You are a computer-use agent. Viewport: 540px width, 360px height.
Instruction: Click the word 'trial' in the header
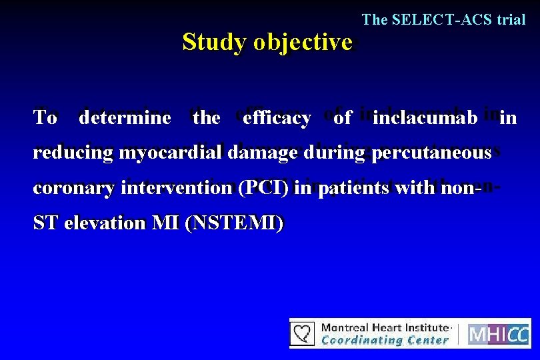pyautogui.click(x=511, y=20)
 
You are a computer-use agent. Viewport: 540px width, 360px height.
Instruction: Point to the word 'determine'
pyautogui.click(x=125, y=119)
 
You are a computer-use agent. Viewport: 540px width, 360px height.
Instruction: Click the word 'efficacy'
pyautogui.click(x=277, y=119)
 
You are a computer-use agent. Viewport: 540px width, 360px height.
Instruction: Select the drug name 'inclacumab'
pyautogui.click(x=425, y=119)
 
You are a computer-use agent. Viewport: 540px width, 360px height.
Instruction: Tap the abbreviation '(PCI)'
pyautogui.click(x=265, y=188)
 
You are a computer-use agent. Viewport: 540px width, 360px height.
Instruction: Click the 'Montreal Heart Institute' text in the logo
pyautogui.click(x=385, y=327)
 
